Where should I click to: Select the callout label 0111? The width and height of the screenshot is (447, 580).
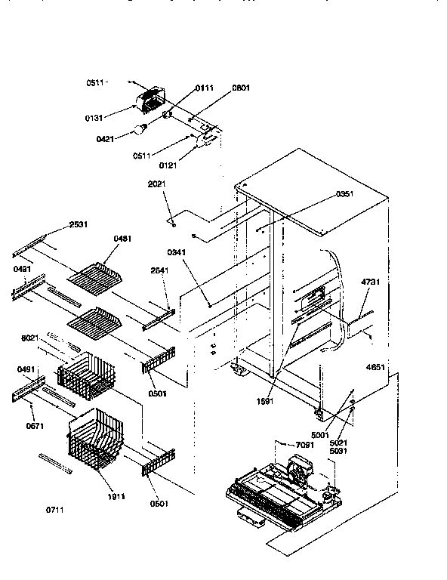point(205,88)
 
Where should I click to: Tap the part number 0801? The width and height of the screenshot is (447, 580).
point(242,88)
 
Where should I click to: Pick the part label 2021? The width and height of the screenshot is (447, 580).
point(158,184)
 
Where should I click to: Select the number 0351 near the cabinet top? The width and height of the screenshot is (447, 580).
point(345,194)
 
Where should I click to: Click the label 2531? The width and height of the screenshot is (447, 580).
point(79,224)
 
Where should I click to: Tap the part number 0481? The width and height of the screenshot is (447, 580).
point(123,239)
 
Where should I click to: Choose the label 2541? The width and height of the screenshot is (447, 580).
point(160,270)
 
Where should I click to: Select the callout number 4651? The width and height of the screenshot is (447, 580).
point(375,368)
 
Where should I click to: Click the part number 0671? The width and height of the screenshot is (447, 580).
point(35,426)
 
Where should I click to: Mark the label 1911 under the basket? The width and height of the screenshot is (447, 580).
point(116,496)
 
